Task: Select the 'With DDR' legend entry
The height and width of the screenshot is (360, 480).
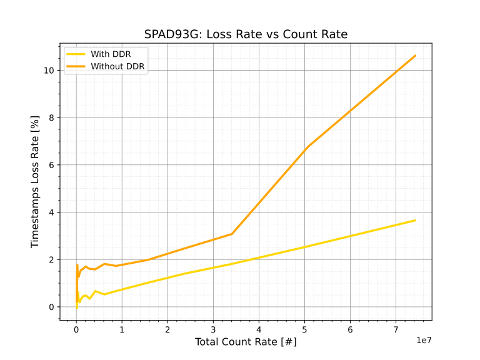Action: tap(111, 54)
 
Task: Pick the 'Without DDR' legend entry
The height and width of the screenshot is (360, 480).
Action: tap(118, 66)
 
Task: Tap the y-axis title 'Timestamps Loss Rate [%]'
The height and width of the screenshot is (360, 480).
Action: tap(36, 181)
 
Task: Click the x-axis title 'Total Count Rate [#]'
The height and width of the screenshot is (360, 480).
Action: tap(246, 342)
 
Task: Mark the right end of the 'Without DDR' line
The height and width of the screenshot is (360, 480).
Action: tap(415, 56)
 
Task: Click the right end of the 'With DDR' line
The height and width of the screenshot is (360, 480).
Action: tap(415, 220)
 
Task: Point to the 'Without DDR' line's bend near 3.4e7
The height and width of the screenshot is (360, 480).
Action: tap(232, 234)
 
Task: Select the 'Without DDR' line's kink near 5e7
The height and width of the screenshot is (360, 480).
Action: tap(307, 147)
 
